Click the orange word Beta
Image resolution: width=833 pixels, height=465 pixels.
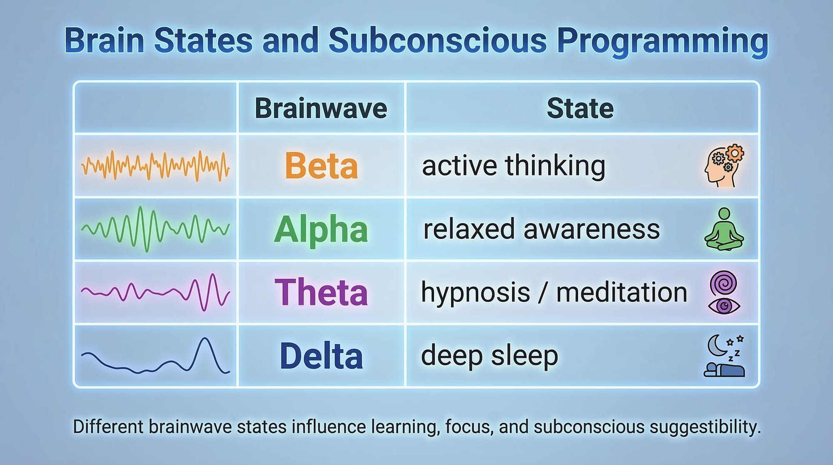[321, 165]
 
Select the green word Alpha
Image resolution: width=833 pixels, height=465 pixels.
[321, 230]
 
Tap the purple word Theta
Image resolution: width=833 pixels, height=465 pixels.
[321, 292]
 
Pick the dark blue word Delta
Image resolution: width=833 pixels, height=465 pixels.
[321, 356]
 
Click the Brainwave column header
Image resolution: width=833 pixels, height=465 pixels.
[321, 108]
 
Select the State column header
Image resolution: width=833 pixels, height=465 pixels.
[580, 108]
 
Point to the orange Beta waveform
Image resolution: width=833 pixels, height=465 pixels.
[155, 166]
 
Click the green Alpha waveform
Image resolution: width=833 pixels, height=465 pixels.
[155, 229]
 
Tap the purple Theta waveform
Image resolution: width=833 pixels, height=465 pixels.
[155, 292]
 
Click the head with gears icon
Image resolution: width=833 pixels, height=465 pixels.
[724, 165]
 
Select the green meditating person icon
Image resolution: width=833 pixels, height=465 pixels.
[724, 230]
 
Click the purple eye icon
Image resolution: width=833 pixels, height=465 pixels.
[724, 306]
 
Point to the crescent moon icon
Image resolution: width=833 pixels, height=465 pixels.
[717, 346]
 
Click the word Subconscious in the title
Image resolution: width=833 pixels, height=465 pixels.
[437, 40]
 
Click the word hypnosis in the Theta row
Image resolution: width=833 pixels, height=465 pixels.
[475, 293]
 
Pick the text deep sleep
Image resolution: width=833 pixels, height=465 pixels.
[489, 356]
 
